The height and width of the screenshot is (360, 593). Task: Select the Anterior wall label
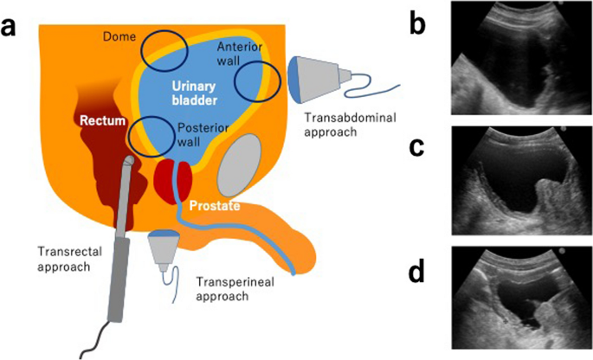click(x=235, y=54)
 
